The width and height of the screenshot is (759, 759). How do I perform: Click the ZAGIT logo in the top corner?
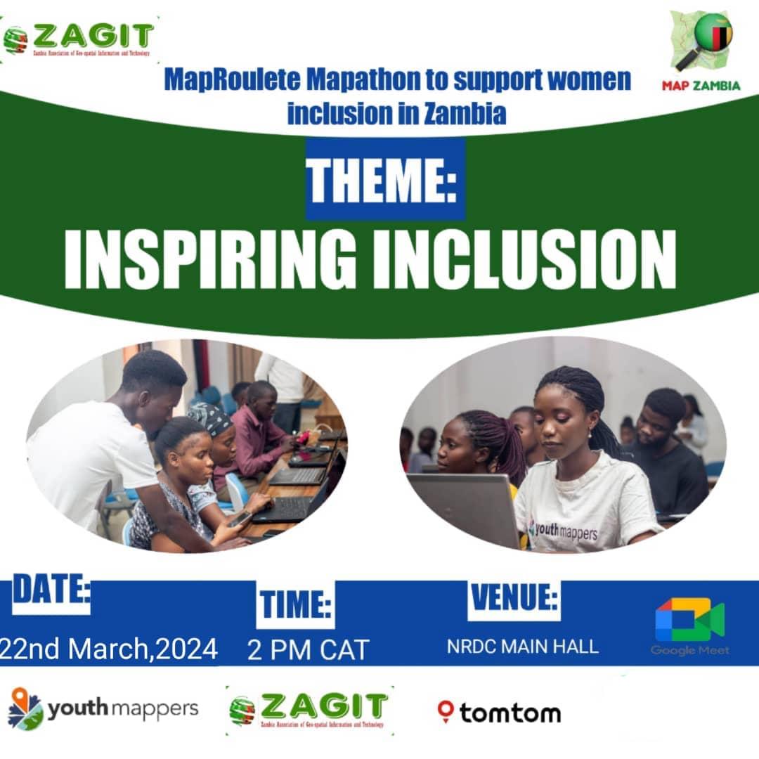[79, 39]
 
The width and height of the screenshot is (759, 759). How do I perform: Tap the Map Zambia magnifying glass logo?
[703, 42]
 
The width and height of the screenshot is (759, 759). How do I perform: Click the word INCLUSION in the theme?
[524, 257]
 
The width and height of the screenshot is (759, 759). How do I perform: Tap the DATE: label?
[51, 592]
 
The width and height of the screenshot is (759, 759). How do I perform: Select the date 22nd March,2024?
[109, 648]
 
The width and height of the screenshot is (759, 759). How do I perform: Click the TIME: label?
[295, 605]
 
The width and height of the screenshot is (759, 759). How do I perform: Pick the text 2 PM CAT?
[308, 650]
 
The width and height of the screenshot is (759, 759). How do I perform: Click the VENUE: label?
[514, 599]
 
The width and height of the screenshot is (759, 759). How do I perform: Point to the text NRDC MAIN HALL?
[523, 647]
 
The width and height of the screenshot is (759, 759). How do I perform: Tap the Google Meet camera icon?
[689, 619]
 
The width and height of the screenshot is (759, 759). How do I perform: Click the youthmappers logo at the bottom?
[103, 709]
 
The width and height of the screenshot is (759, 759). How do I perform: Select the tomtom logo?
[499, 713]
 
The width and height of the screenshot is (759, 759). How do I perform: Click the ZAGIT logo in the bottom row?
[309, 710]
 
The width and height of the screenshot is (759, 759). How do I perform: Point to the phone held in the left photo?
[239, 519]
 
